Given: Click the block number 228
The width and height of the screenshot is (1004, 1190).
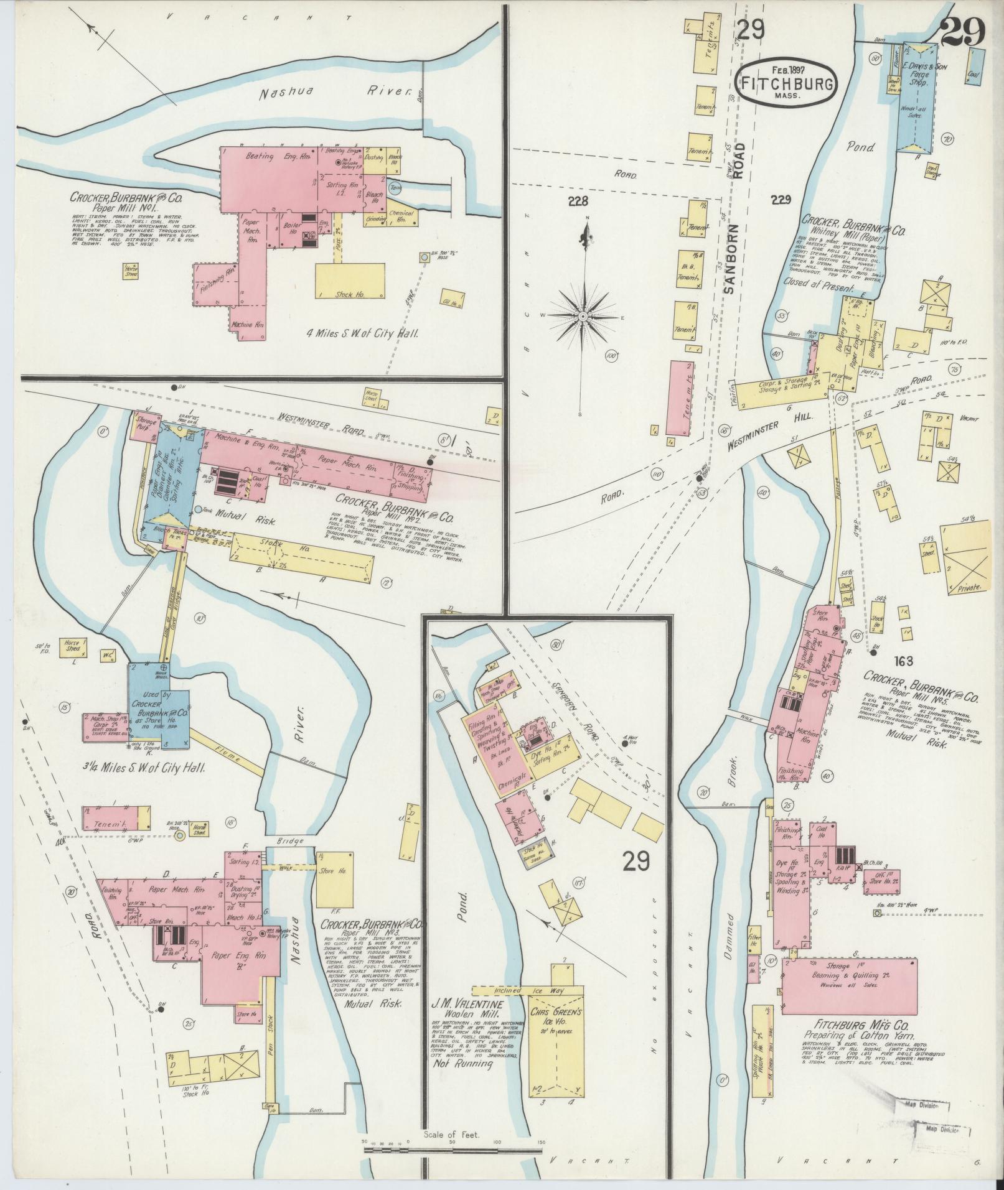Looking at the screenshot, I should point(578,201).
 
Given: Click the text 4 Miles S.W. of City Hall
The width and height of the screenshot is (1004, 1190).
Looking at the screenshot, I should point(360,333).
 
